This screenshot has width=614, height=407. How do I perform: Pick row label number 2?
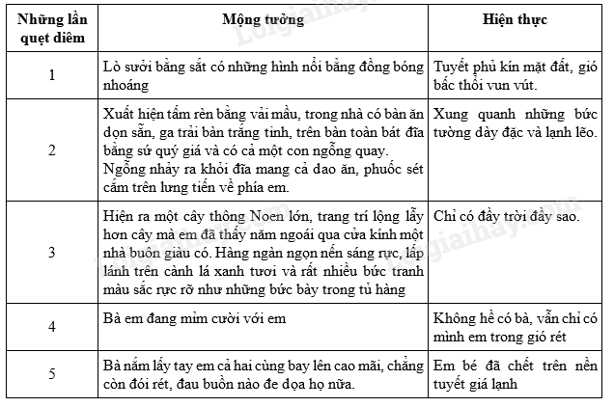point(51,149)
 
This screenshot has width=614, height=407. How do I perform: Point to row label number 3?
point(51,254)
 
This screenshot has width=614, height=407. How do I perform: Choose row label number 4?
point(51,328)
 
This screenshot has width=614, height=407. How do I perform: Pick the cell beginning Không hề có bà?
point(516,328)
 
